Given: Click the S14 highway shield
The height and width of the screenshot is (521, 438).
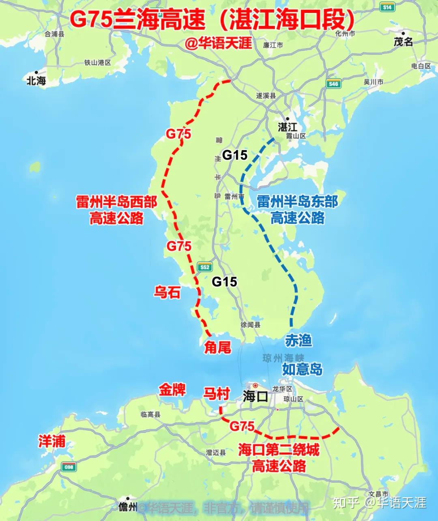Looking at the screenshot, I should pos(387,7).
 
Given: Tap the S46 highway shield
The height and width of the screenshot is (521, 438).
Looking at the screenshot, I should pos(333,84).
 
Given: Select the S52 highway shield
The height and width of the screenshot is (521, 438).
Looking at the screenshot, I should pos(205,267).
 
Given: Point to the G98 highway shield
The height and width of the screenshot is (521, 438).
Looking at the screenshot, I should pos(69,467).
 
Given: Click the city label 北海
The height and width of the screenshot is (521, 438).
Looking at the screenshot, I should pos(36,81).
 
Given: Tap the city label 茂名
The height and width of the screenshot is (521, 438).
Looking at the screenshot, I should pos(403,41).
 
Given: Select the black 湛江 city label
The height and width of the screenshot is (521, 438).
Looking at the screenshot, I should pos(288,127).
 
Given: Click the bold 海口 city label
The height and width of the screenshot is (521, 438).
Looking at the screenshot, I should pos(255,396).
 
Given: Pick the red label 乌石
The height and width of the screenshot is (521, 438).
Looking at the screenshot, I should pos(167,292).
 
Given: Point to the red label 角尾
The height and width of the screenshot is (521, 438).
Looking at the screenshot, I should pos(218,347).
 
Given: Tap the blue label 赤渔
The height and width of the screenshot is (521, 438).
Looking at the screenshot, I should pos(298,341).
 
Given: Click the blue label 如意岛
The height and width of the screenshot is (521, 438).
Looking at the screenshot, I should pos(303,369).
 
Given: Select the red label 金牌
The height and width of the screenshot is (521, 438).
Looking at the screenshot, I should pos(172,390).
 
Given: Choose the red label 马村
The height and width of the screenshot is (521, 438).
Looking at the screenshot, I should pos(217,394).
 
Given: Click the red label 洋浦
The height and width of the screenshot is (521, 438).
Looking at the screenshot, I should pos(52,441).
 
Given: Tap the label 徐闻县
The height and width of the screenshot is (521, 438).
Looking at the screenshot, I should pos(250,325).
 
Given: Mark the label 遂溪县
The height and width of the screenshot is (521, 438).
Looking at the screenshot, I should pos(266,96).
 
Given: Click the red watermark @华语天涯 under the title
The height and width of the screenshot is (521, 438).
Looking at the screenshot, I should pos(219,43).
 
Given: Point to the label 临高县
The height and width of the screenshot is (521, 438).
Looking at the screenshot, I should pos(150,414).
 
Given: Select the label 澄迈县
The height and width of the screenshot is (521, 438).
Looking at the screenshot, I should pos(215,452).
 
